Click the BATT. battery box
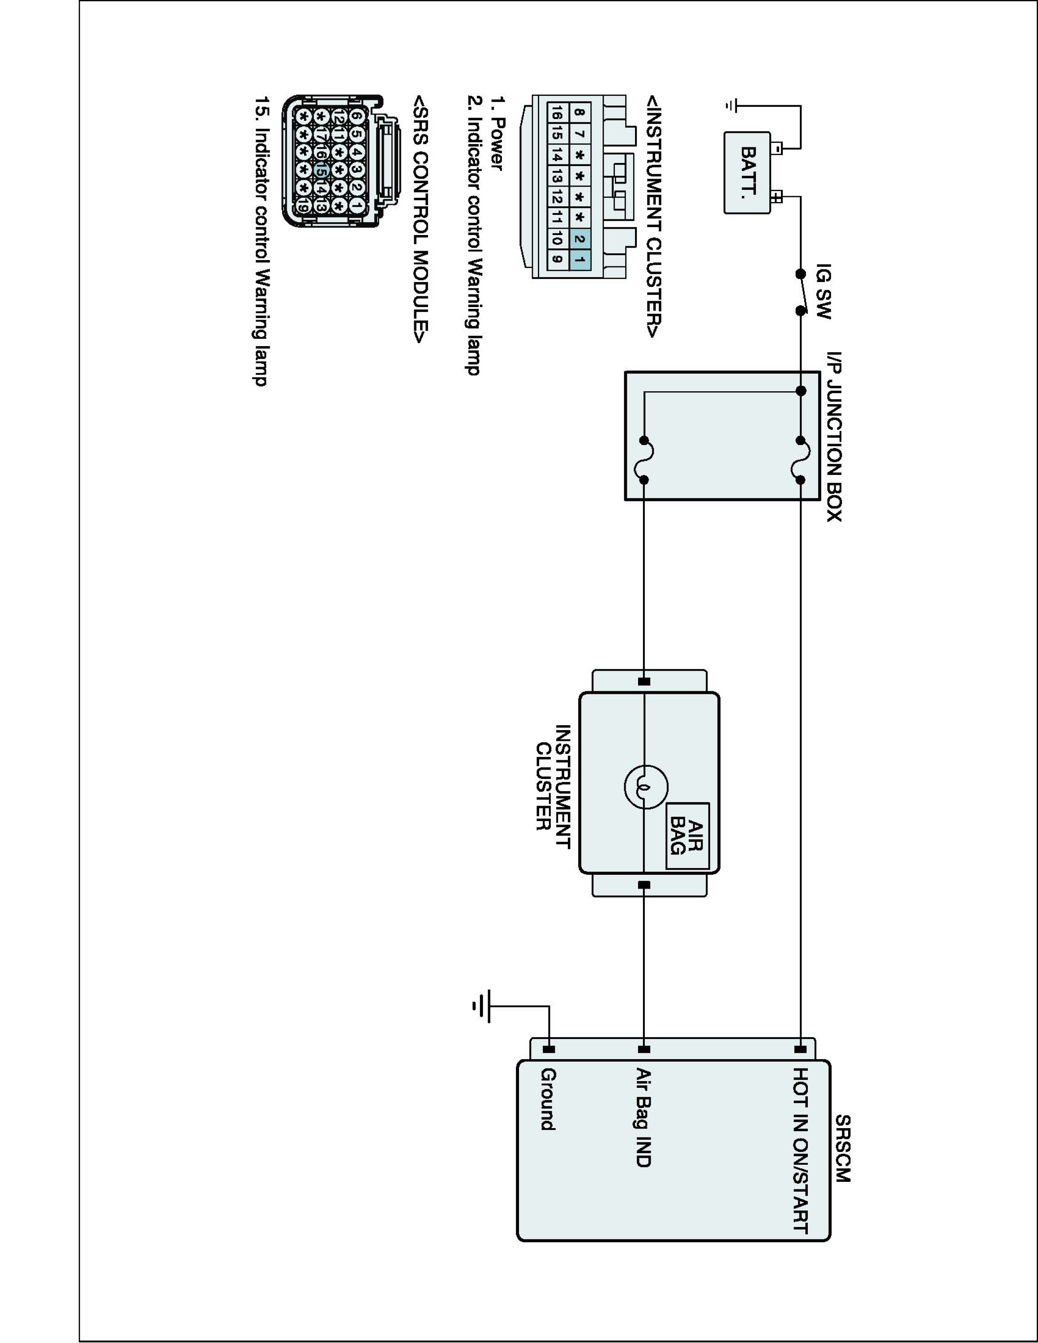tap(747, 173)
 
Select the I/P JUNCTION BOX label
tap(834, 436)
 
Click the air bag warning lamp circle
tap(646, 787)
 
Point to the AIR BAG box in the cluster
tap(687, 836)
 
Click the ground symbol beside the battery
tap(730, 107)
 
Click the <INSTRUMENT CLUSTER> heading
tap(654, 216)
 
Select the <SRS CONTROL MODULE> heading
tap(420, 219)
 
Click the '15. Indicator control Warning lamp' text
tap(262, 240)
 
